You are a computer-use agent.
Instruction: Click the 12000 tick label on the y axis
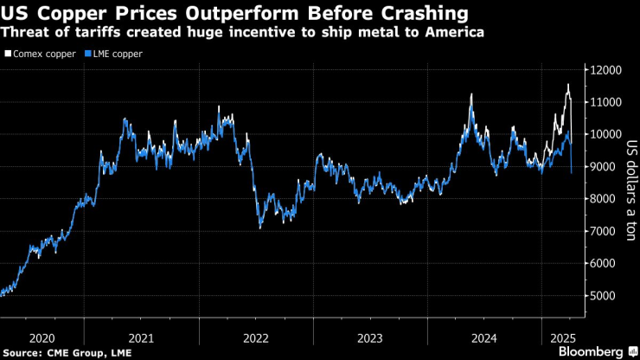[x=605, y=69]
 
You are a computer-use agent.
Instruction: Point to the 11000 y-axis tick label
[x=605, y=102]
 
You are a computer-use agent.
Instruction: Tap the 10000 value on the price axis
[x=605, y=134]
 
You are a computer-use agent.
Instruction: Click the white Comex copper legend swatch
[x=8, y=54]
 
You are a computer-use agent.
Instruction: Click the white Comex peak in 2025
[x=568, y=84]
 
